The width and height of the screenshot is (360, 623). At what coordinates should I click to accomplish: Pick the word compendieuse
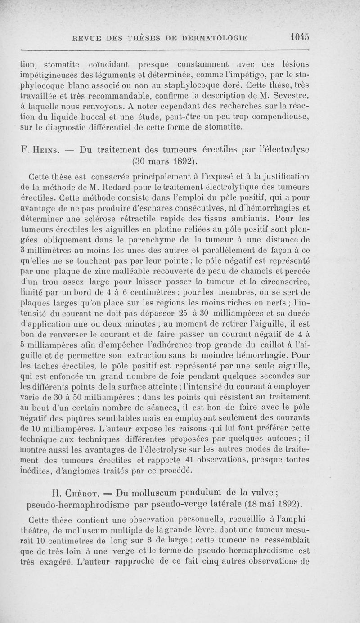[288, 117]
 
